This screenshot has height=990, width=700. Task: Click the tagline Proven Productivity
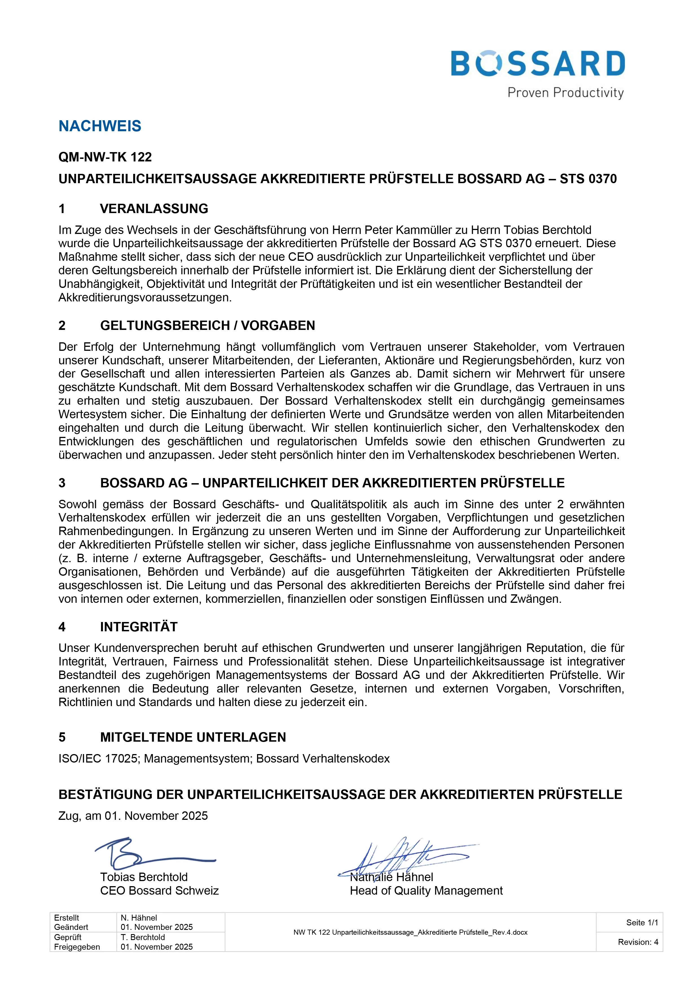(565, 93)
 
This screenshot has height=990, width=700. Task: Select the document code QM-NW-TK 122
(105, 157)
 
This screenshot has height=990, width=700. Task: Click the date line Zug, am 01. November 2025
(133, 816)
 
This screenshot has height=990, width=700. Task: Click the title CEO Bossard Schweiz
(159, 890)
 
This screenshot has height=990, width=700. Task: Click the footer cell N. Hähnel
(139, 917)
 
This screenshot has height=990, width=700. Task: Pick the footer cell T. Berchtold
(143, 937)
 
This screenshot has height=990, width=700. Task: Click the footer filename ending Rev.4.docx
(410, 932)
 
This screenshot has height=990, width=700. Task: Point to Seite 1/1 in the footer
(642, 922)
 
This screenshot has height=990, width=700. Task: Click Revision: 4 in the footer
(638, 942)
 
